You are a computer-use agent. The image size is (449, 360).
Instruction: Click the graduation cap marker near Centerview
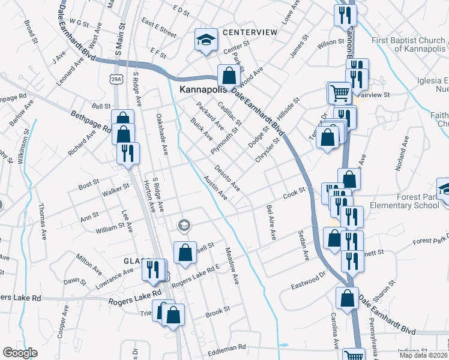(206, 40)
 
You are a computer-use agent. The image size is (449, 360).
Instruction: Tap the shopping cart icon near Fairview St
(339, 93)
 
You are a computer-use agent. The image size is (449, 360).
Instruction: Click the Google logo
(20, 353)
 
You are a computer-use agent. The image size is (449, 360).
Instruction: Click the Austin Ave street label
(215, 188)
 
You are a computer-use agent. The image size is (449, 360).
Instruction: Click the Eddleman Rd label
(226, 347)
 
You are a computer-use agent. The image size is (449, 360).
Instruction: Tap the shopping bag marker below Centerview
(228, 77)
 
